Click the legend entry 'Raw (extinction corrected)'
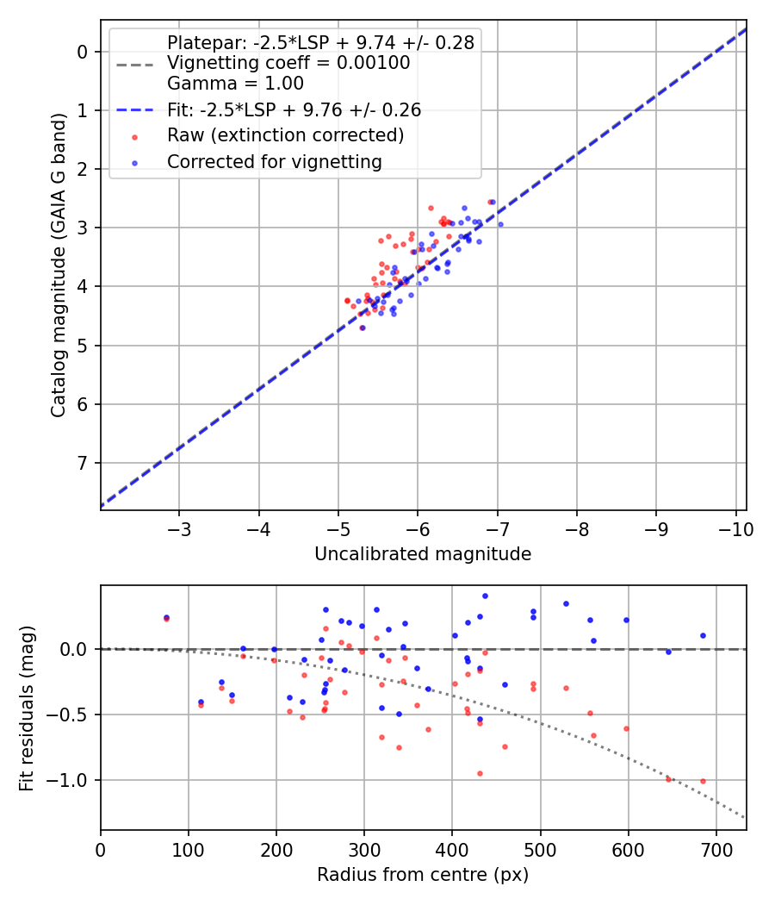click(x=285, y=135)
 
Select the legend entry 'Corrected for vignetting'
click(x=274, y=161)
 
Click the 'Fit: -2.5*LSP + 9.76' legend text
click(x=294, y=109)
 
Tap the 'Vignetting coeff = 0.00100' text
click(x=288, y=63)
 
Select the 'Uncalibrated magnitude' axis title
click(x=423, y=554)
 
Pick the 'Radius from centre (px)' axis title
click(x=423, y=875)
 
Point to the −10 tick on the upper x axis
click(x=735, y=528)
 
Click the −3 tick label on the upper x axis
click(x=179, y=528)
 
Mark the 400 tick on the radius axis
click(x=452, y=849)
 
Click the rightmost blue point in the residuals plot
click(x=703, y=635)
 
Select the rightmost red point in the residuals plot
click(x=703, y=781)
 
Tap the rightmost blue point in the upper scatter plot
click(x=500, y=224)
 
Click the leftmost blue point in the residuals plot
click(x=166, y=618)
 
